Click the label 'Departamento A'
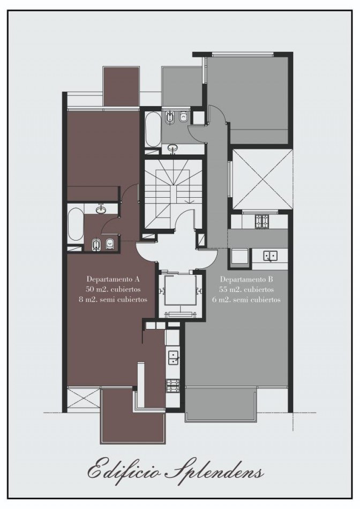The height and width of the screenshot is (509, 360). pos(113,279)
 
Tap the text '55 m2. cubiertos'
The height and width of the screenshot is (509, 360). pos(246,289)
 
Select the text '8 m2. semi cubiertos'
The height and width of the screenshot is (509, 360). pos(113,300)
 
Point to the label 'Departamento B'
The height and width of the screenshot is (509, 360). pos(246,279)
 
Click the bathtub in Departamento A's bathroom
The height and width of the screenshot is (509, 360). pos(76,223)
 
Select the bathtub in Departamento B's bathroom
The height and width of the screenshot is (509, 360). pos(152,130)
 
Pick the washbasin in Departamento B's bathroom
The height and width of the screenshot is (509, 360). pos(173,148)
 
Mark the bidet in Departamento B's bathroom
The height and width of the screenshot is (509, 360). pos(169,117)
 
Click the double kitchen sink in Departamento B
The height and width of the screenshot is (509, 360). pos(270,256)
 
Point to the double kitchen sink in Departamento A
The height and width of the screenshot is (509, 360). pos(172,358)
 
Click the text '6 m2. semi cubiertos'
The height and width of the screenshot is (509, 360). pos(246,300)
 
